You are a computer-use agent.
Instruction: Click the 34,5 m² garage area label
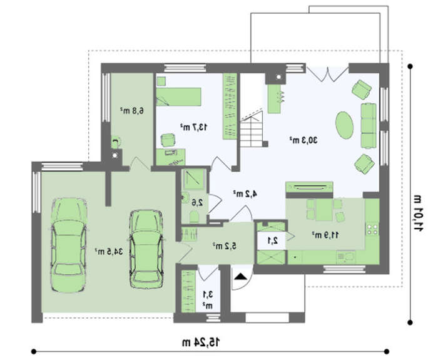click(109, 252)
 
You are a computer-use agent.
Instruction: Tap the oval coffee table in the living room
click(344, 125)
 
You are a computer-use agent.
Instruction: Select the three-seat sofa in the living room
click(369, 125)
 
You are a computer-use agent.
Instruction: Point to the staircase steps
click(252, 131)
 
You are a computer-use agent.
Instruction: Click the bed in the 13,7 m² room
click(178, 96)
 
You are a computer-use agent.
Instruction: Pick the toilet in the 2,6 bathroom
click(194, 217)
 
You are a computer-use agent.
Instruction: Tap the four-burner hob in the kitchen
click(372, 229)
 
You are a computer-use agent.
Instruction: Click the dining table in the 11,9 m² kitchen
click(324, 210)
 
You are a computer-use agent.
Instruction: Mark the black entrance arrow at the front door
click(241, 277)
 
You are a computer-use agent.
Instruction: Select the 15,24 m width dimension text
click(201, 342)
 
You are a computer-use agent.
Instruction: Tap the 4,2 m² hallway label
click(245, 193)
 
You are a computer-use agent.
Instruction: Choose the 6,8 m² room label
click(132, 111)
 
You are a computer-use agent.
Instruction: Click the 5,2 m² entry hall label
click(225, 246)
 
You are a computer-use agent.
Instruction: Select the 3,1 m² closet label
click(208, 300)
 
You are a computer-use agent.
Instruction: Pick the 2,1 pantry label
click(273, 240)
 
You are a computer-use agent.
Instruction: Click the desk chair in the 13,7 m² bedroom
click(168, 140)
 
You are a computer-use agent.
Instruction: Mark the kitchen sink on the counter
click(347, 257)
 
